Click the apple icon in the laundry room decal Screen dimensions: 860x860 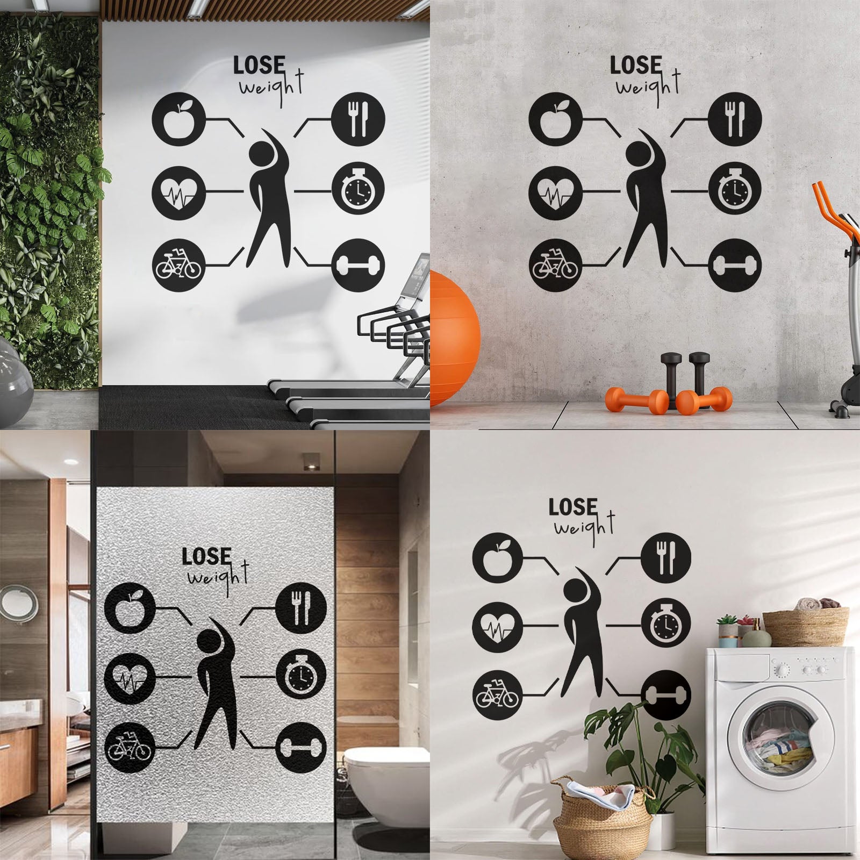pos(497,562)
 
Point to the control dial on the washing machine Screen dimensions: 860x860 pos(782,670)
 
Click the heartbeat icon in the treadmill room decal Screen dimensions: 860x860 pos(178,191)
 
